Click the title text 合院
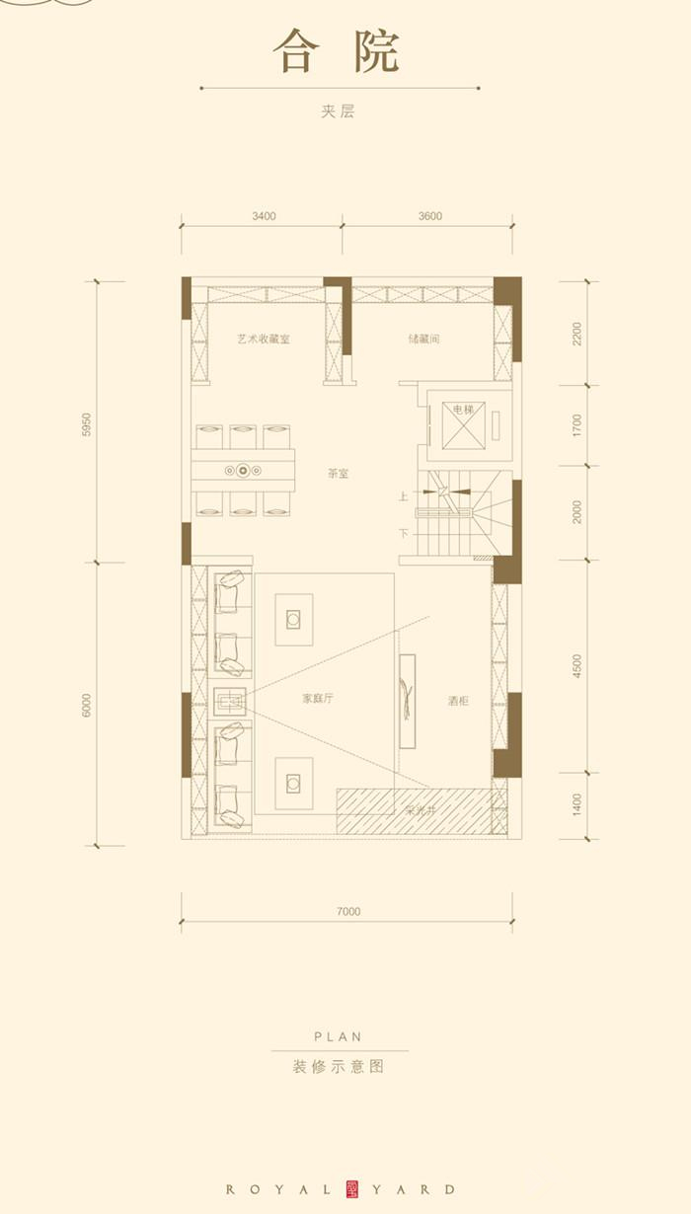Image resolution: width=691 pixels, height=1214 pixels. pyautogui.click(x=336, y=51)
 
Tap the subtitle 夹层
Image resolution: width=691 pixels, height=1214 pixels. pyautogui.click(x=338, y=112)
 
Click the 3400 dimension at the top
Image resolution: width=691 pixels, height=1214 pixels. pyautogui.click(x=264, y=216)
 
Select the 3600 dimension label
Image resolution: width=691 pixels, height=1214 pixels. pyautogui.click(x=429, y=216)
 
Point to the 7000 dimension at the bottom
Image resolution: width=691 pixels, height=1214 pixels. pyautogui.click(x=347, y=911)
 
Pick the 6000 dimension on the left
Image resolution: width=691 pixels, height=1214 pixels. pyautogui.click(x=87, y=705)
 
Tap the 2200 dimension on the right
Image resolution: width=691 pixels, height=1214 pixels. pyautogui.click(x=577, y=334)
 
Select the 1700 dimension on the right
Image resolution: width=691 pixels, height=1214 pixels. pyautogui.click(x=577, y=425)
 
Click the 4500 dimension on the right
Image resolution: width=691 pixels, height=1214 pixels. pyautogui.click(x=577, y=666)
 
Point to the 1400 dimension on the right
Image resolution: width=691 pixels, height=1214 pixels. pyautogui.click(x=577, y=804)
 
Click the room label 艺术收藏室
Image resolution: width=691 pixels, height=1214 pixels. pyautogui.click(x=264, y=339)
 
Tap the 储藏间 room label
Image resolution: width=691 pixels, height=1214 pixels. pyautogui.click(x=423, y=339)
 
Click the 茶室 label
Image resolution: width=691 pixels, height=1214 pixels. pyautogui.click(x=338, y=474)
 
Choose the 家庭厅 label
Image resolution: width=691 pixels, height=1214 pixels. pyautogui.click(x=318, y=698)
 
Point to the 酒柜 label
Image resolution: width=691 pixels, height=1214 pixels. pyautogui.click(x=457, y=701)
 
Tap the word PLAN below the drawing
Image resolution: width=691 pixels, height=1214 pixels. pyautogui.click(x=338, y=1036)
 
